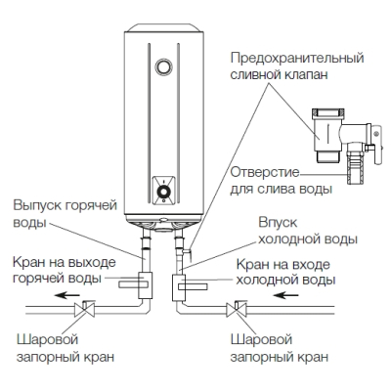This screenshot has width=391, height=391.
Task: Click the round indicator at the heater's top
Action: tap(163, 66)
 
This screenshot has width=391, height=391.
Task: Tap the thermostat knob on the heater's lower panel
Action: tap(163, 192)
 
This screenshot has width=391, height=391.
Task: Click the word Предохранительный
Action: tap(297, 59)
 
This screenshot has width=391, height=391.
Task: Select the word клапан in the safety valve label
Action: tap(307, 74)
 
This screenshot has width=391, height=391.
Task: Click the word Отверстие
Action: tap(265, 172)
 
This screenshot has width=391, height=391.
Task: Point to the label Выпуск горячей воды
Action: tap(65, 214)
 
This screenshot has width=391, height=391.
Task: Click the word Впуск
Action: tap(278, 223)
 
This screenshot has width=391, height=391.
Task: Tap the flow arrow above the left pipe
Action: tap(67, 295)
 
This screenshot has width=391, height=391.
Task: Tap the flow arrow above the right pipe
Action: tap(285, 295)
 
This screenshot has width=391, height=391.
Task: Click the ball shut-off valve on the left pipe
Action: tap(84, 309)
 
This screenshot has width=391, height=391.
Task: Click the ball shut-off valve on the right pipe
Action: tap(237, 309)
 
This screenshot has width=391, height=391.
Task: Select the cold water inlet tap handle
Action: tap(193, 286)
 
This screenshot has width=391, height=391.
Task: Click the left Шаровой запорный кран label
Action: tap(65, 348)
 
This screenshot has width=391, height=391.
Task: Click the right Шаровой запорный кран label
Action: tap(280, 348)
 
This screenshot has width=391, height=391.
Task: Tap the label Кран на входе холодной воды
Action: tap(285, 272)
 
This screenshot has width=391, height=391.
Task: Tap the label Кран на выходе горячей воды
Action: tap(65, 270)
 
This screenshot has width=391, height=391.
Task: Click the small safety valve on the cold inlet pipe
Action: tap(187, 251)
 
